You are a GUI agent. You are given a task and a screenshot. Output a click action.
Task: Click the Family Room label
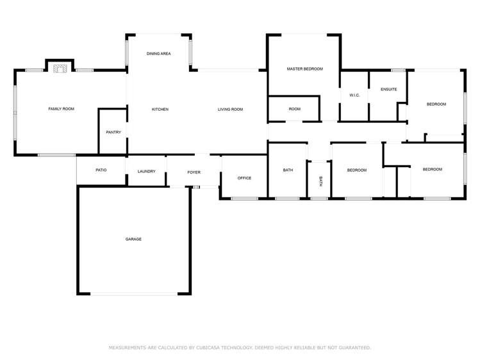pyautogui.click(x=62, y=110)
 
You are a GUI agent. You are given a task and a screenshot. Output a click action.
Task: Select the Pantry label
pyautogui.click(x=113, y=133)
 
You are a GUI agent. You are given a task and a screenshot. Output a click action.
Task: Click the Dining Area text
pyautogui.click(x=158, y=54)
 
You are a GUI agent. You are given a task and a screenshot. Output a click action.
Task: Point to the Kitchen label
pyautogui.click(x=160, y=110)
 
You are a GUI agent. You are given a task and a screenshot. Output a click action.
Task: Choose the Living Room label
pyautogui.click(x=230, y=110)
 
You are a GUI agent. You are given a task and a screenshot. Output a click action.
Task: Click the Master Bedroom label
pyautogui.click(x=304, y=69)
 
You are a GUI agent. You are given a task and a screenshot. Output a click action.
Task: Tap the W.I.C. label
pyautogui.click(x=354, y=95)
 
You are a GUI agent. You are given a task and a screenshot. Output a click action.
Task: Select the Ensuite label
pyautogui.click(x=389, y=90)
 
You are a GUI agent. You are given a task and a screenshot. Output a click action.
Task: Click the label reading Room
pyautogui.click(x=294, y=110)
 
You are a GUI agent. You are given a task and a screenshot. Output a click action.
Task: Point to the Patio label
pyautogui.click(x=101, y=170)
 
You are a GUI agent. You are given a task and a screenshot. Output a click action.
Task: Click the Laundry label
pyautogui.click(x=146, y=171)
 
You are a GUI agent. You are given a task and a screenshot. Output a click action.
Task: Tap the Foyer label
pyautogui.click(x=194, y=172)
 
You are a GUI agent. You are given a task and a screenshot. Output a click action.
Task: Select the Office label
pyautogui.click(x=244, y=177)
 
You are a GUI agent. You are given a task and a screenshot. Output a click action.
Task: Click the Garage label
pyautogui.click(x=133, y=239)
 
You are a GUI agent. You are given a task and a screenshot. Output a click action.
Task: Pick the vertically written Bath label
pyautogui.click(x=320, y=181)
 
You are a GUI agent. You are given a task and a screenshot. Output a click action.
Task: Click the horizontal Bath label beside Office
pyautogui.click(x=288, y=170)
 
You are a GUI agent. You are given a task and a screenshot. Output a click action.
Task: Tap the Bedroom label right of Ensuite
pyautogui.click(x=436, y=104)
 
